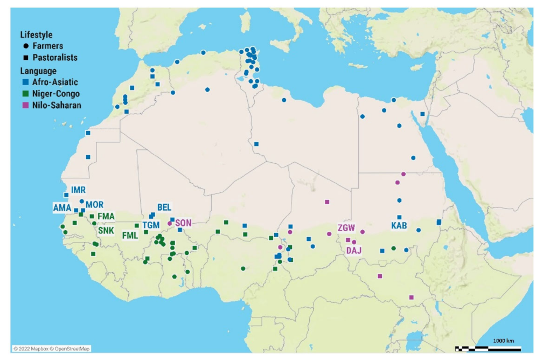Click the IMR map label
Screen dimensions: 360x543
[79, 190]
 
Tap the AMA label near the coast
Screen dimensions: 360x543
[62, 207]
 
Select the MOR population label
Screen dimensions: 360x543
[94, 205]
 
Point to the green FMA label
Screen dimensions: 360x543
[106, 216]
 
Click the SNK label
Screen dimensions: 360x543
[106, 231]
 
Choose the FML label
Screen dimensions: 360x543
[130, 236]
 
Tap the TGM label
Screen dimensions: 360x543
[151, 225]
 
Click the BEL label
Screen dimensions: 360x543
[164, 207]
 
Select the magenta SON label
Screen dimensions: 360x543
[183, 223]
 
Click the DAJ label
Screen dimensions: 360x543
[354, 251]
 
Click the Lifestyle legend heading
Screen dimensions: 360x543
[36, 35]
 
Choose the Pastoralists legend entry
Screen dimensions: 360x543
[55, 58]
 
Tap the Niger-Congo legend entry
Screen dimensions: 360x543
[56, 94]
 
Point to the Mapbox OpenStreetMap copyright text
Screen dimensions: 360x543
[52, 349]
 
